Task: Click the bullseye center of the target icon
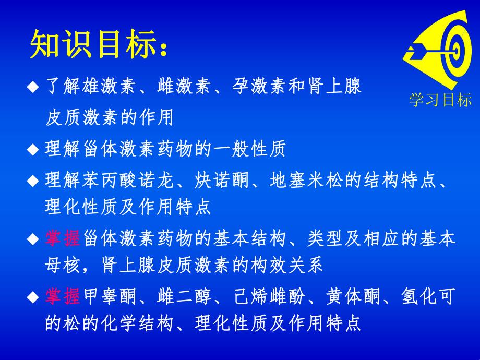point(455,50)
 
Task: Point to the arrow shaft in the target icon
point(433,51)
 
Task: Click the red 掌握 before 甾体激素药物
point(62,239)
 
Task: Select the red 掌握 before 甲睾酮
point(62,297)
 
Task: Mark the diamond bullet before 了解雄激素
point(33,87)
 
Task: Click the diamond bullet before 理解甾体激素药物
point(33,150)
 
